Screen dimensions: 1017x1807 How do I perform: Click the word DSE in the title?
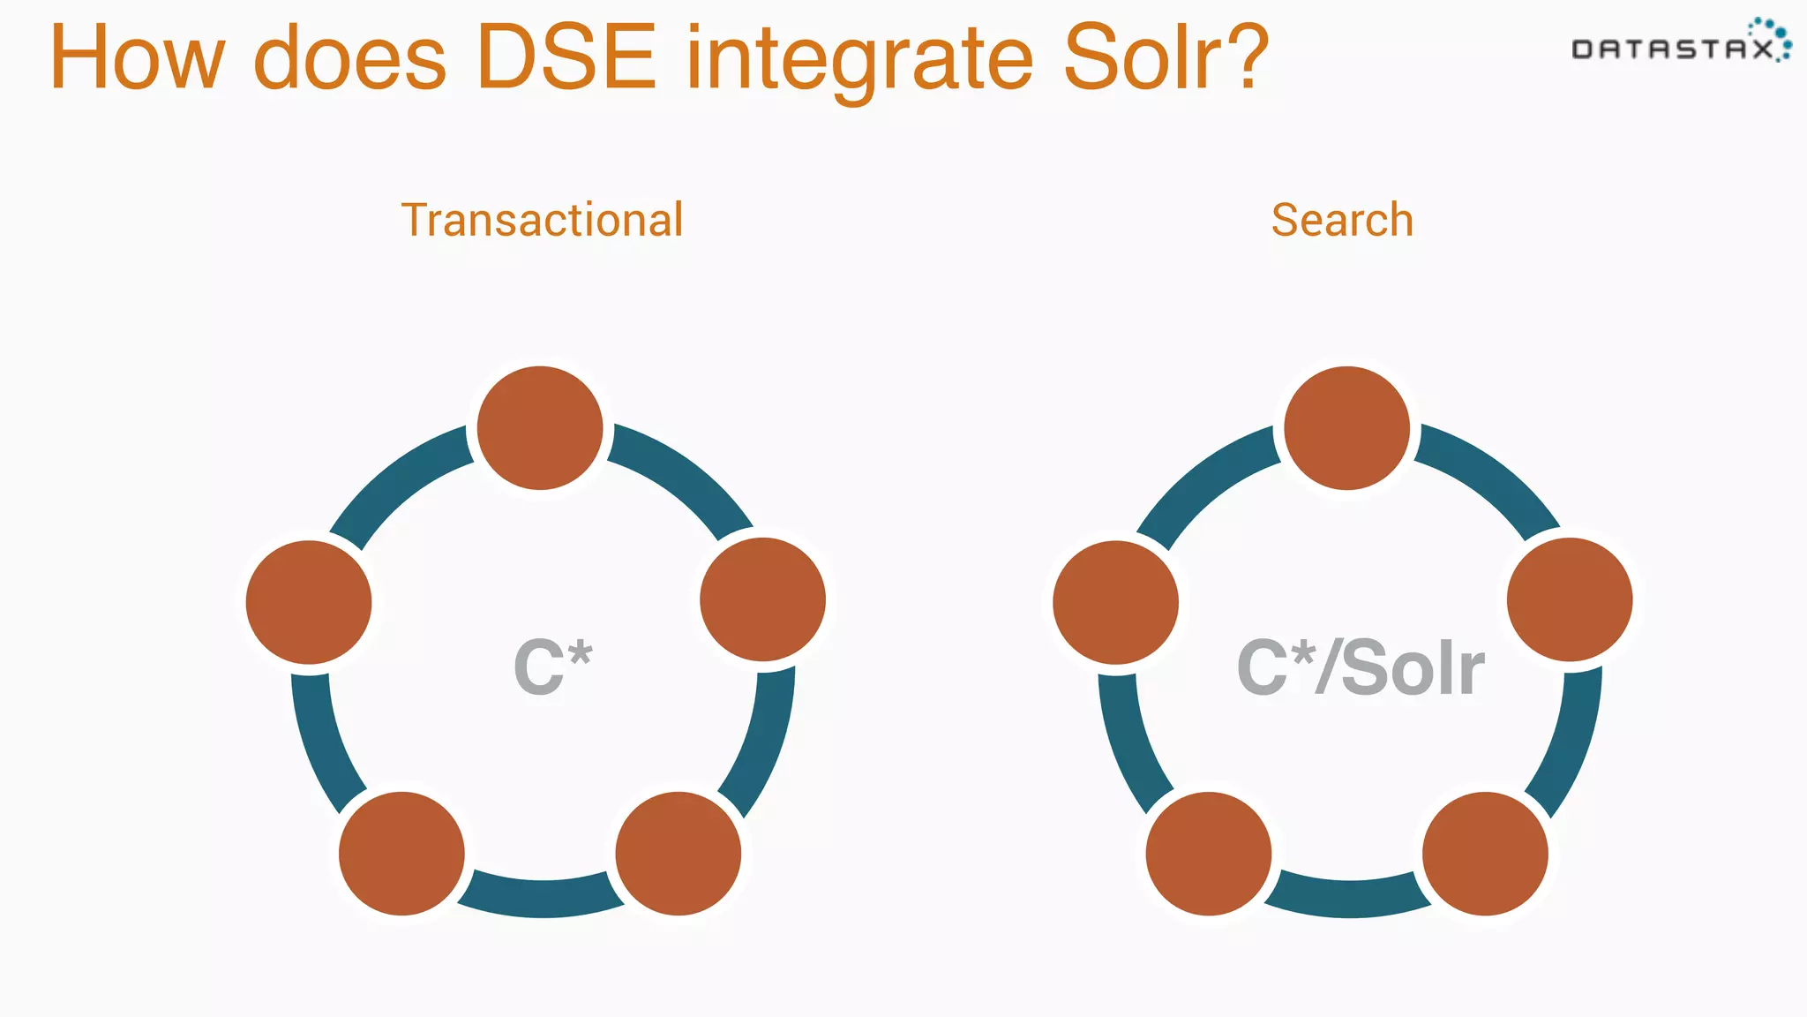point(566,58)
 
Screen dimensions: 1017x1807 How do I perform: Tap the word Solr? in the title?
point(1166,58)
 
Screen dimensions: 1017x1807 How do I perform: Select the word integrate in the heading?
point(859,62)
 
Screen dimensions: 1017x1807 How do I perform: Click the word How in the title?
point(138,58)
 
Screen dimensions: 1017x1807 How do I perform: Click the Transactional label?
point(542,220)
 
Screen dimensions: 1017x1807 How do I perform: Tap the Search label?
point(1342,220)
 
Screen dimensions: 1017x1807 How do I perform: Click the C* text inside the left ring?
point(552,667)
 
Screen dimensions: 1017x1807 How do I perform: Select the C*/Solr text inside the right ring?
point(1361,668)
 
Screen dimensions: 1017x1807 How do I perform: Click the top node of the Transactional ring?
point(540,428)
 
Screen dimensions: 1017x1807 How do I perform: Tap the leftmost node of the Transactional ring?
point(309,602)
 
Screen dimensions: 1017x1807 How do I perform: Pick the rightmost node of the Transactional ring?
point(762,599)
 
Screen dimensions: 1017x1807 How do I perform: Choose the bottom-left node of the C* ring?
point(401,853)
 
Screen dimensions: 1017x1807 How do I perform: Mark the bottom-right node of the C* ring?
point(678,853)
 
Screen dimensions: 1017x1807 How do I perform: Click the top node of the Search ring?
point(1346,428)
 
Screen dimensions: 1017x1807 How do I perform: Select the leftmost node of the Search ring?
point(1115,602)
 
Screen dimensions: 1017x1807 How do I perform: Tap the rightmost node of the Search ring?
point(1570,599)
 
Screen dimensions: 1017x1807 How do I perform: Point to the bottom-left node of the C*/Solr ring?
point(1208,853)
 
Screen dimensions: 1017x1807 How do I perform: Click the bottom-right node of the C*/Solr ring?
point(1485,853)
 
